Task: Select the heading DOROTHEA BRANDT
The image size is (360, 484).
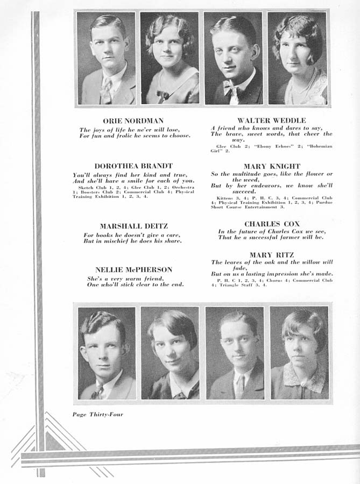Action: click(x=133, y=166)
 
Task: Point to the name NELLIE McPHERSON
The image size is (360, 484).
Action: click(x=134, y=269)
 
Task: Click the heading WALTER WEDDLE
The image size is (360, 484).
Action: click(x=271, y=120)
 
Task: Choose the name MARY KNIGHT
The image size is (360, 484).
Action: click(x=272, y=166)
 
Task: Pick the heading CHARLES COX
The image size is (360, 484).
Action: click(x=272, y=223)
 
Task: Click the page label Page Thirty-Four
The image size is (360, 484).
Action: click(x=96, y=414)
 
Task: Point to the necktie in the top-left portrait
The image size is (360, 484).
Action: click(x=107, y=89)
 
